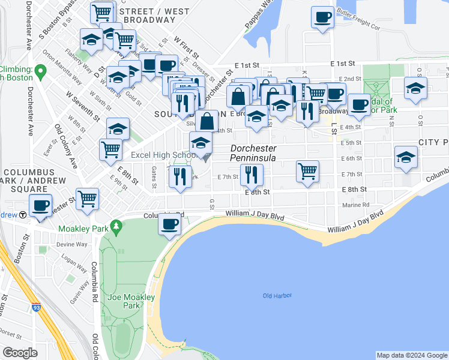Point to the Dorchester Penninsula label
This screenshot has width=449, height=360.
pyautogui.click(x=253, y=153)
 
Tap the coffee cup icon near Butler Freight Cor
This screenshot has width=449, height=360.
pyautogui.click(x=322, y=17)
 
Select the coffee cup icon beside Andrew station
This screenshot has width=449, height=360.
pyautogui.click(x=41, y=206)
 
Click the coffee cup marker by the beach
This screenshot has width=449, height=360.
pyautogui.click(x=169, y=224)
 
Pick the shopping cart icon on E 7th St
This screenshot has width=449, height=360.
pyautogui.click(x=307, y=170)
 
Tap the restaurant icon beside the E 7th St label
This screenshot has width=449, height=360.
pyautogui.click(x=251, y=175)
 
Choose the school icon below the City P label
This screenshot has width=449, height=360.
pyautogui.click(x=406, y=158)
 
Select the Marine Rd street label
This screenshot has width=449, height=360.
pyautogui.click(x=358, y=205)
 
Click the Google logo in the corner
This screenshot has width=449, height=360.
pyautogui.click(x=20, y=352)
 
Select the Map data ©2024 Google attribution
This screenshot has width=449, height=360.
pyautogui.click(x=411, y=355)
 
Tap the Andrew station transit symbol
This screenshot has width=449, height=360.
pyautogui.click(x=22, y=215)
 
